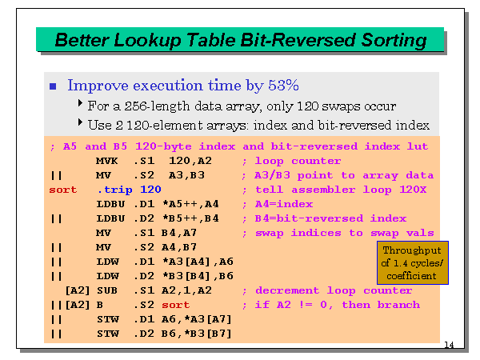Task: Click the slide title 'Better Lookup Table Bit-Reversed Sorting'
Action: click(240, 39)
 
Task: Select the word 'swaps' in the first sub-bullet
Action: click(349, 106)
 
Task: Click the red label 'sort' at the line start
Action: click(63, 190)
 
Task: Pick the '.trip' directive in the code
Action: click(112, 190)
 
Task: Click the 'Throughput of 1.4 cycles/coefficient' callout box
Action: click(413, 262)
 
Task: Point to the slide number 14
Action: click(448, 345)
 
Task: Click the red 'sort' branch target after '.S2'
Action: click(176, 305)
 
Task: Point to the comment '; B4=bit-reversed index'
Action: click(324, 218)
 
